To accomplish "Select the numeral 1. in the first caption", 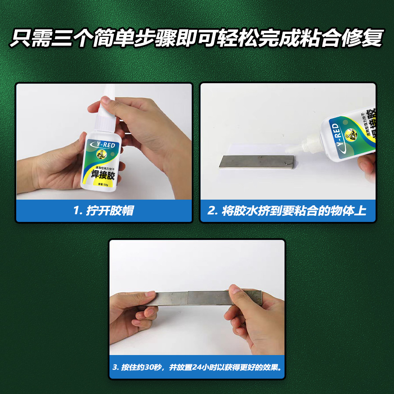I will tap(78, 211).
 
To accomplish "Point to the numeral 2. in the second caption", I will tap(213, 211).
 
